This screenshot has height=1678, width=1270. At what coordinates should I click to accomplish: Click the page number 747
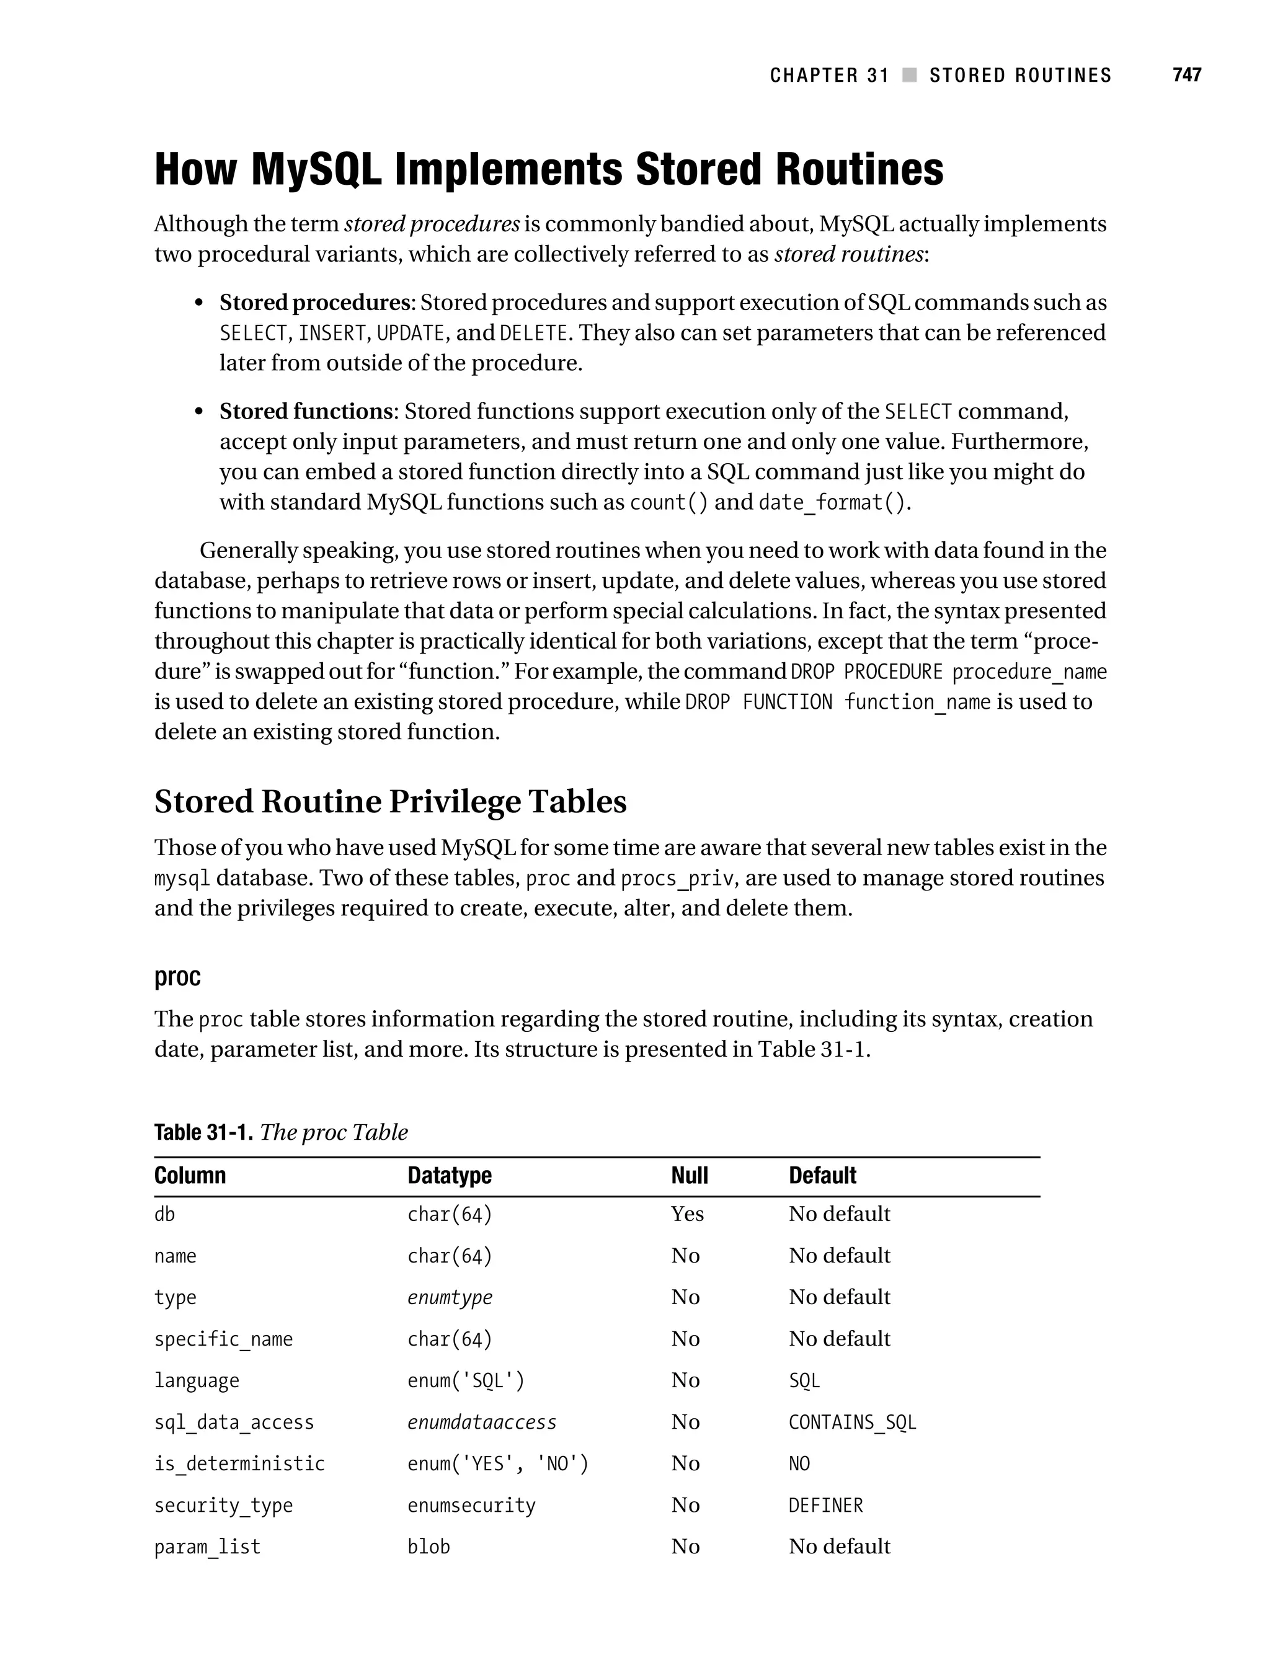coord(1186,74)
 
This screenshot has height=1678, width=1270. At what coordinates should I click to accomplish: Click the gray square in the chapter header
coord(909,75)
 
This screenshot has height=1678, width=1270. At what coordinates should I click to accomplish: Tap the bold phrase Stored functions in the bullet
coord(306,411)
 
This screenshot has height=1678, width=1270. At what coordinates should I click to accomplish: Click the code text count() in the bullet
coord(668,502)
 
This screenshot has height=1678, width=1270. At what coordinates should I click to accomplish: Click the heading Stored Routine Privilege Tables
coord(390,801)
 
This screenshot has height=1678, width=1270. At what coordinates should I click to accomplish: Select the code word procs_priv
coord(678,879)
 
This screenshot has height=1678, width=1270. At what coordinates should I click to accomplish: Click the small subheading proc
coord(177,976)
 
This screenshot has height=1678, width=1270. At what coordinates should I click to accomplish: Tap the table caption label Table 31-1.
coord(203,1132)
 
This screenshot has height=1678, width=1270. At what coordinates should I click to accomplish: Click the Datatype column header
coord(449,1176)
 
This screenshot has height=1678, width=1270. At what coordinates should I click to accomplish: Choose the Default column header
coord(822,1176)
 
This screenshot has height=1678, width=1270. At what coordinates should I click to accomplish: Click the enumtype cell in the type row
coord(449,1297)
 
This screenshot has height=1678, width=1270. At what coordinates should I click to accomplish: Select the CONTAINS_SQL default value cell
coord(852,1423)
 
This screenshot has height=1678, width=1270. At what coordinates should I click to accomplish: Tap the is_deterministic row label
coord(239,1463)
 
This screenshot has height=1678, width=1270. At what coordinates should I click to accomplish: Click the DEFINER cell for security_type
coord(825,1505)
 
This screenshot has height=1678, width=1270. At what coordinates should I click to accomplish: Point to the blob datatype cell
coord(429,1547)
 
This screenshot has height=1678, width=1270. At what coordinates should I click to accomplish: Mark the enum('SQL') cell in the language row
coord(465,1380)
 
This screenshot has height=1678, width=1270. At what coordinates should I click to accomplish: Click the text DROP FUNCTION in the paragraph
coord(758,703)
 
